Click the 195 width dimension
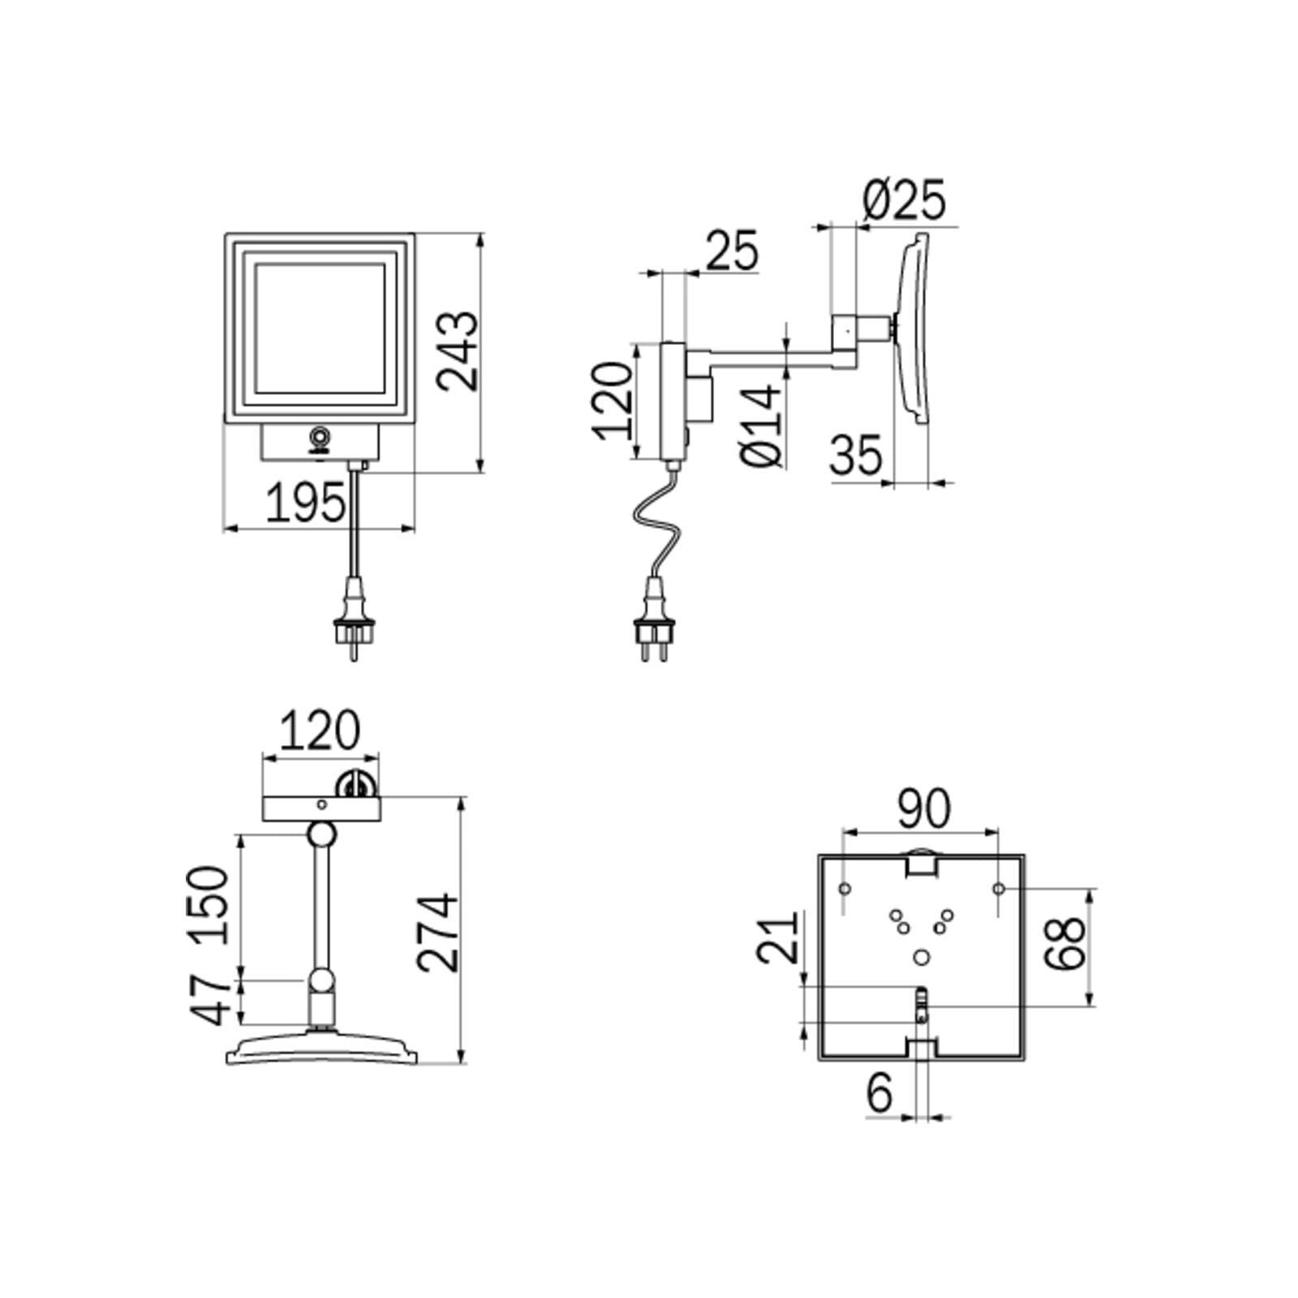click(305, 505)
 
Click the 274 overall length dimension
click(439, 932)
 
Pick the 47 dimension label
click(209, 999)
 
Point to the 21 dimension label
click(777, 939)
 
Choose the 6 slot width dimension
click(879, 1093)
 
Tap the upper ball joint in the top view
click(322, 834)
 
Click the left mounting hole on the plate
click(844, 889)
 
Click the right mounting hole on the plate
click(999, 889)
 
